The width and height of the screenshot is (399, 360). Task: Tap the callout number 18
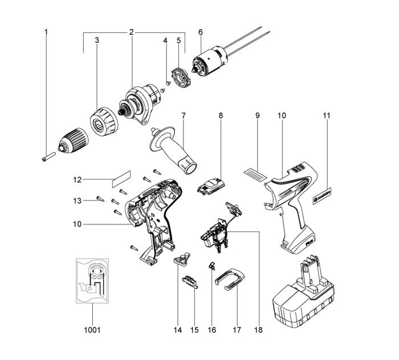(x=259, y=330)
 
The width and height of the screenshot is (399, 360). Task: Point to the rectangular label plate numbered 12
(x=121, y=179)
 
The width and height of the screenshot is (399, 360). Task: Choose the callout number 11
(x=326, y=116)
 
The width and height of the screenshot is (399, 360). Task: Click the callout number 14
(x=178, y=330)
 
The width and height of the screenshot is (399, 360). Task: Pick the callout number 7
(x=184, y=116)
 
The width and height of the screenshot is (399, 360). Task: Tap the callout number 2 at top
(x=132, y=32)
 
